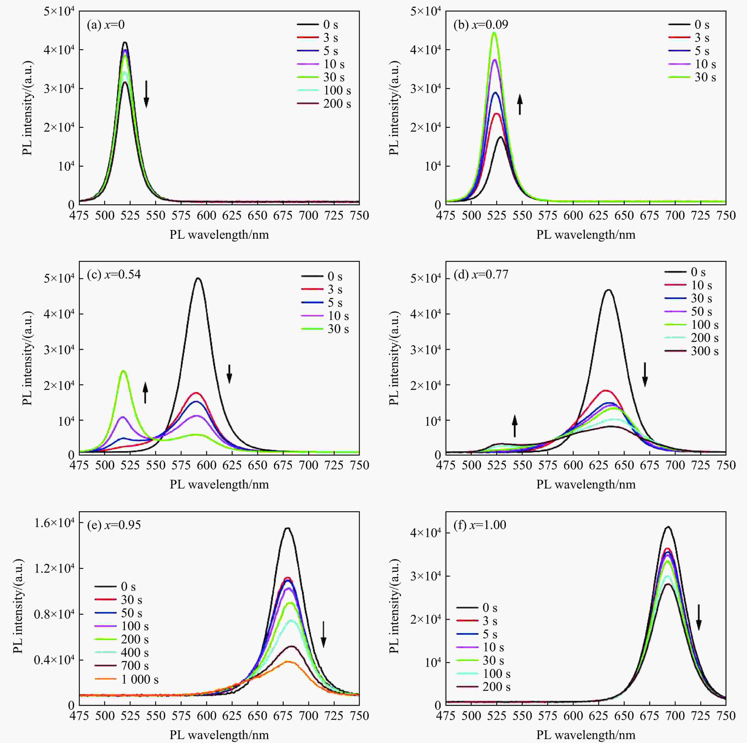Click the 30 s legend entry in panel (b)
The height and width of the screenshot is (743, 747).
coord(705,77)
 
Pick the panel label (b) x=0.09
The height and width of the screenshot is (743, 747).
coord(481,25)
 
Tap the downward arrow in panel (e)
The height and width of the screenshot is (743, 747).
coord(324,634)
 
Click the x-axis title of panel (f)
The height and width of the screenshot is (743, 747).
coord(585,735)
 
